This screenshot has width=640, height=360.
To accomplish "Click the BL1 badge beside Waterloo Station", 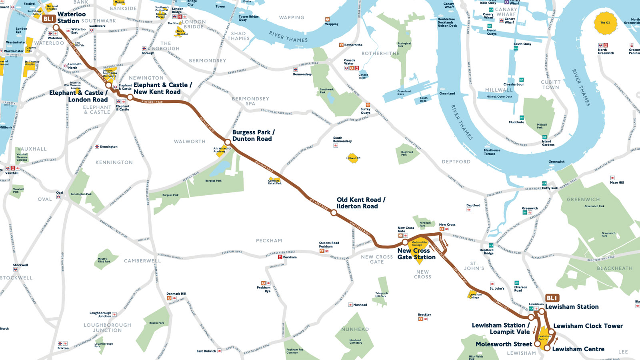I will coord(48,19).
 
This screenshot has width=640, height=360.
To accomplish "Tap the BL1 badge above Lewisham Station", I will coord(552,298).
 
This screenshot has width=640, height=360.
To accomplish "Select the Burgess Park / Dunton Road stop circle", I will coord(228,142).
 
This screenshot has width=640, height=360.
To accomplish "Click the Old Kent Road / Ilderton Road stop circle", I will coord(334,213).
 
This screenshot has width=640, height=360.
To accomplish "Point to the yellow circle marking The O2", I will coord(605,22).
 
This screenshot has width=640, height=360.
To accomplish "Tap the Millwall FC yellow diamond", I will coord(352,158).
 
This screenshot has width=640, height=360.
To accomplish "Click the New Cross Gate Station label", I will coord(416,254).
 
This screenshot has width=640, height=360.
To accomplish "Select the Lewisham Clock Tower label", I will coord(588,326).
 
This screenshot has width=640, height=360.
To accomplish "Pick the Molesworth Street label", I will coord(504,344).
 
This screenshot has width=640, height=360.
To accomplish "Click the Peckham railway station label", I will coord(290,257).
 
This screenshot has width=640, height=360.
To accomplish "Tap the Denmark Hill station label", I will coord(176,294).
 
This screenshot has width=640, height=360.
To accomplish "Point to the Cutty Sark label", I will coord(550,188).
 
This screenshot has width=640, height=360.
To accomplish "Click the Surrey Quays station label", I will coord(365,111).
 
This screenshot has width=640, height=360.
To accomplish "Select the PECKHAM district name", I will coord(269,241).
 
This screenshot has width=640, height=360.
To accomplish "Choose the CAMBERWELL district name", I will coord(142,261).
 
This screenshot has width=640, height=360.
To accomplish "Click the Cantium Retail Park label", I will coord(275,182).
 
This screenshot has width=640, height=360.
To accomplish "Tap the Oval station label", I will coord(60,193).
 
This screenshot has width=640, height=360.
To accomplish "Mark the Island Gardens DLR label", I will coord(548,143).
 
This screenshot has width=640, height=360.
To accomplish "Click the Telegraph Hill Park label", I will coord(381,295).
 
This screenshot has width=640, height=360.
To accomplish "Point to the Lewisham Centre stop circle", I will coord(547,348).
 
